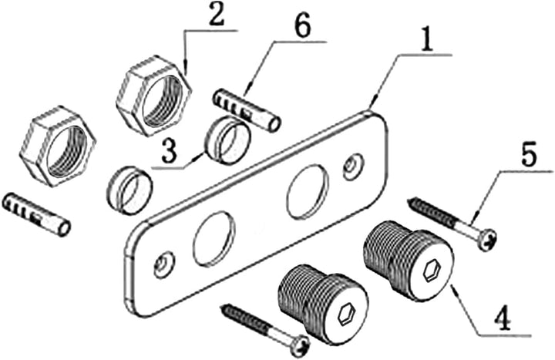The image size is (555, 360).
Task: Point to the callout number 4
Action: pos(502,318)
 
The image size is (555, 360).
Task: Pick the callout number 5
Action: pos(529,154)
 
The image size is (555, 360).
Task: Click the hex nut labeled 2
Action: pos(153,96)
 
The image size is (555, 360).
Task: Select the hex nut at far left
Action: pos(58,145)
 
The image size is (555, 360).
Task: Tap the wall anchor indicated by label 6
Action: pos(247,110)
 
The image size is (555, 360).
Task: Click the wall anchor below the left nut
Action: pos(36,214)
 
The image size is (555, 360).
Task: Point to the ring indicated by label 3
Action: pos(228,140)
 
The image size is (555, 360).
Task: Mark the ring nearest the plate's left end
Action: pos(129,190)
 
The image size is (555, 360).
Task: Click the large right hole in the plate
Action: pos(306,191)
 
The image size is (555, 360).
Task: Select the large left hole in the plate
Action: pos(214,238)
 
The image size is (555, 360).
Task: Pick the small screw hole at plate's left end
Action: pos(165,264)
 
